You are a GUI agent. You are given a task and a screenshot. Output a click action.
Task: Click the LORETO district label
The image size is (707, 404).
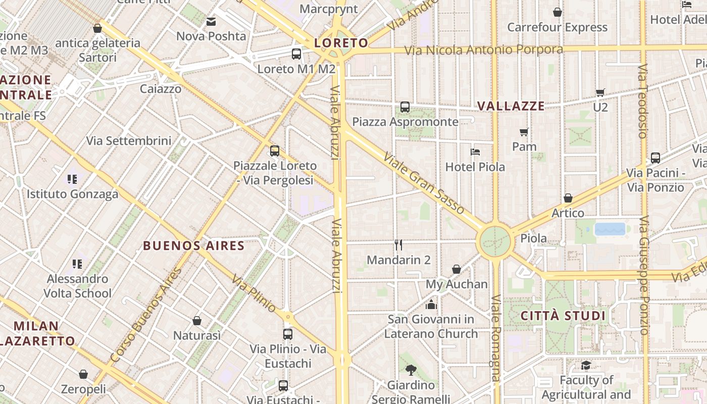tap(341, 43)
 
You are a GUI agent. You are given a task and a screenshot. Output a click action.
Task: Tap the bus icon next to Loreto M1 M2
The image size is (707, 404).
tap(296, 54)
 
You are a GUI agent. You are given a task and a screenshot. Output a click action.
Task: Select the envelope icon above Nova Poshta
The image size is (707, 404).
tap(211, 22)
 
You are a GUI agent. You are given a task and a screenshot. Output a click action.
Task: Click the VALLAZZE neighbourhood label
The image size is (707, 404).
tap(511, 106)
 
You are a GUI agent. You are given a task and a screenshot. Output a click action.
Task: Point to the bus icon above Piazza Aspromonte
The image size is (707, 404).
tap(405, 107)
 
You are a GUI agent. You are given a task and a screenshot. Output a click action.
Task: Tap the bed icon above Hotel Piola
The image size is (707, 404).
tap(475, 151)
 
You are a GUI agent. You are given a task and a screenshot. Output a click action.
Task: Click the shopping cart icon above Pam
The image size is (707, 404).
tap(524, 132)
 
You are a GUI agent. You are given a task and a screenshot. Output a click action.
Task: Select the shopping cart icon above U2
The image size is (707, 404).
tap(600, 92)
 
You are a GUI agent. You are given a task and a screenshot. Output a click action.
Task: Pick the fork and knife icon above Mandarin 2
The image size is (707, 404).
tap(398, 245)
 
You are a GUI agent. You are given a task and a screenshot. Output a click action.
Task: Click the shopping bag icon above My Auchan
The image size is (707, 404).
tap(457, 269)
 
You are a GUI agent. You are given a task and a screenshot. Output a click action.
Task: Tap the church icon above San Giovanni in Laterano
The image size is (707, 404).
tap(431, 305)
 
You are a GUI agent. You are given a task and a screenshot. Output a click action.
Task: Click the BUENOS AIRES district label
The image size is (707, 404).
tap(194, 246)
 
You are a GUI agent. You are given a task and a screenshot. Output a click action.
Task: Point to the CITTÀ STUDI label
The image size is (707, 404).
tap(563, 316)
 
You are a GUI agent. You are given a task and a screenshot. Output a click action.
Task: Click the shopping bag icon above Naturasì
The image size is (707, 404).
tap(197, 321)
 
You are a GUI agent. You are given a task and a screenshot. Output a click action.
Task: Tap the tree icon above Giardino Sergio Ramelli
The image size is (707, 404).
tap(411, 370)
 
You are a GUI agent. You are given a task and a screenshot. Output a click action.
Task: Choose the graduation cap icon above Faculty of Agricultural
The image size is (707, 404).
tap(586, 365)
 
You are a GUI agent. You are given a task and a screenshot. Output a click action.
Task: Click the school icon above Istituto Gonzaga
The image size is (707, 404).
tap(72, 179)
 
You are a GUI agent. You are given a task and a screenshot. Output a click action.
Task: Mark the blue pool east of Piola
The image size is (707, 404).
tap(610, 229)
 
